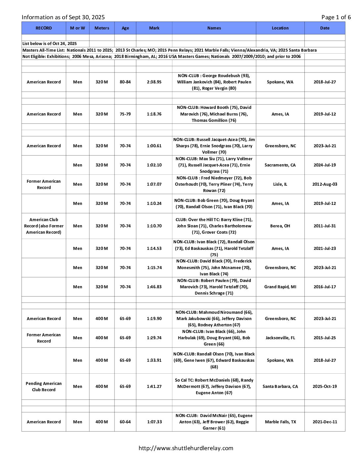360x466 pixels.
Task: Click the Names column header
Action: [214, 28]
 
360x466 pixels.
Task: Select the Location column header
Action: [280, 28]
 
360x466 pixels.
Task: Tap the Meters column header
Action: [102, 28]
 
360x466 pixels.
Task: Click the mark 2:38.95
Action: [154, 82]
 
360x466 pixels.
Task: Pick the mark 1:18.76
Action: [154, 114]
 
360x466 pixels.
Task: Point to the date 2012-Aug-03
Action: [325, 184]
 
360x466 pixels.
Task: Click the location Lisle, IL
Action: [280, 184]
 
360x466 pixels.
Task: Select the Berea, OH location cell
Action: [280, 226]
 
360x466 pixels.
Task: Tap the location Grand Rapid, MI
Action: [280, 287]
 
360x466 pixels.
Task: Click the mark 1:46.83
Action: [154, 287]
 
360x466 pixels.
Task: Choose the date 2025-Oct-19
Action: [325, 387]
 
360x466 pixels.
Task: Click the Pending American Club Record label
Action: [44, 387]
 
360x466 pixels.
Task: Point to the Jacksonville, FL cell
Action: [280, 338]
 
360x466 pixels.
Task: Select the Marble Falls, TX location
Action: [280, 422]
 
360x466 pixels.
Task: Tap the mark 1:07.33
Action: [154, 422]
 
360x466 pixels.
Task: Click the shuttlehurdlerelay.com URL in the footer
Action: [186, 448]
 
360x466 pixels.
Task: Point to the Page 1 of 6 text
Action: [336, 17]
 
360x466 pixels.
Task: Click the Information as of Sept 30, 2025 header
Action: [63, 17]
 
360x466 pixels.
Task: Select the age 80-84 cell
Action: [125, 82]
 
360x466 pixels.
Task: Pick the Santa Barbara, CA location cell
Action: [280, 387]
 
